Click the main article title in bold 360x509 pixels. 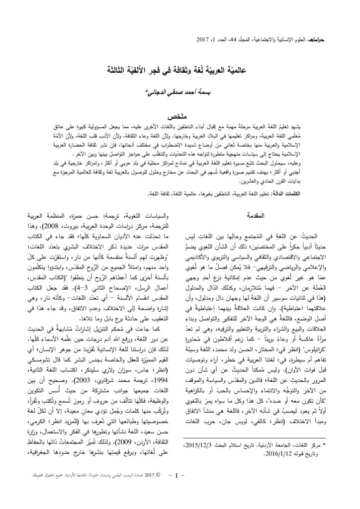180,69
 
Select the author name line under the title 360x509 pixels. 180,92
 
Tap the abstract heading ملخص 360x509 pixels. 180,116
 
